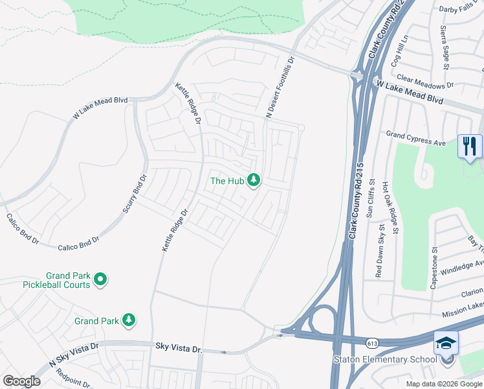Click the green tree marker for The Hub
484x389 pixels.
pyautogui.click(x=254, y=180)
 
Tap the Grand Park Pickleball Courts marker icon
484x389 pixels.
pyautogui.click(x=100, y=279)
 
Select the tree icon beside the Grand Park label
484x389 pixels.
pyautogui.click(x=129, y=320)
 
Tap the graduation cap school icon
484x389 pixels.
pyautogui.click(x=446, y=342)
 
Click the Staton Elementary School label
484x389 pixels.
pyautogui.click(x=384, y=360)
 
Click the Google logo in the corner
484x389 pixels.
pyautogui.click(x=21, y=381)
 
